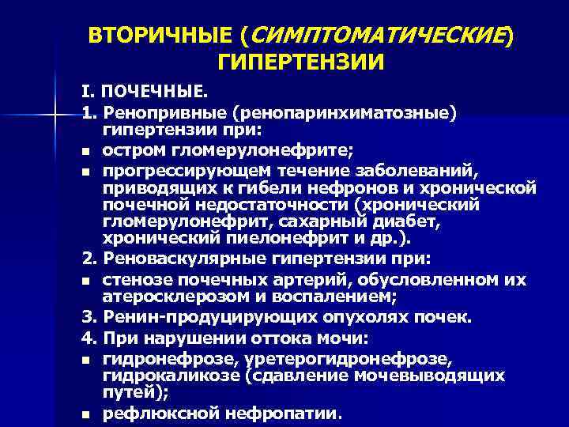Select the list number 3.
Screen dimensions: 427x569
(x=87, y=318)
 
